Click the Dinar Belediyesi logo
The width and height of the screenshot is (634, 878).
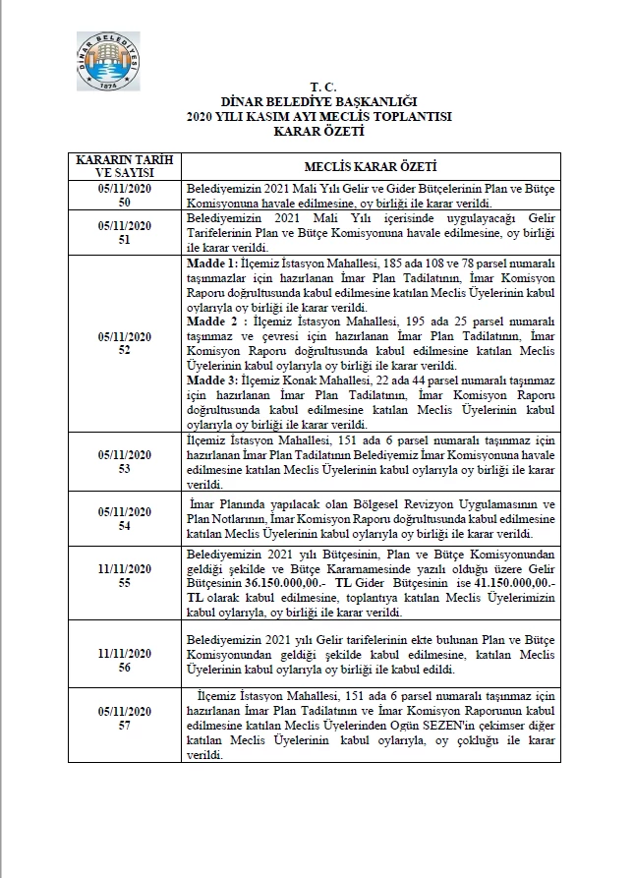[x=107, y=62]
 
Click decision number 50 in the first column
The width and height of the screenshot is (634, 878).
[x=124, y=201]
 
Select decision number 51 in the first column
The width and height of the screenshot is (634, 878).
[x=124, y=237]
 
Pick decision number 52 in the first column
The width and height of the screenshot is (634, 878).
[x=124, y=349]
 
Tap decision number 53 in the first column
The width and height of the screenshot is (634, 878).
[x=124, y=466]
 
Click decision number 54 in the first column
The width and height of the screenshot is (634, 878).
[x=124, y=526]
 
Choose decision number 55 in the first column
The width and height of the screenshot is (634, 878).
[x=124, y=583]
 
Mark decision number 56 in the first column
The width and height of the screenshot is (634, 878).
[x=124, y=665]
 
